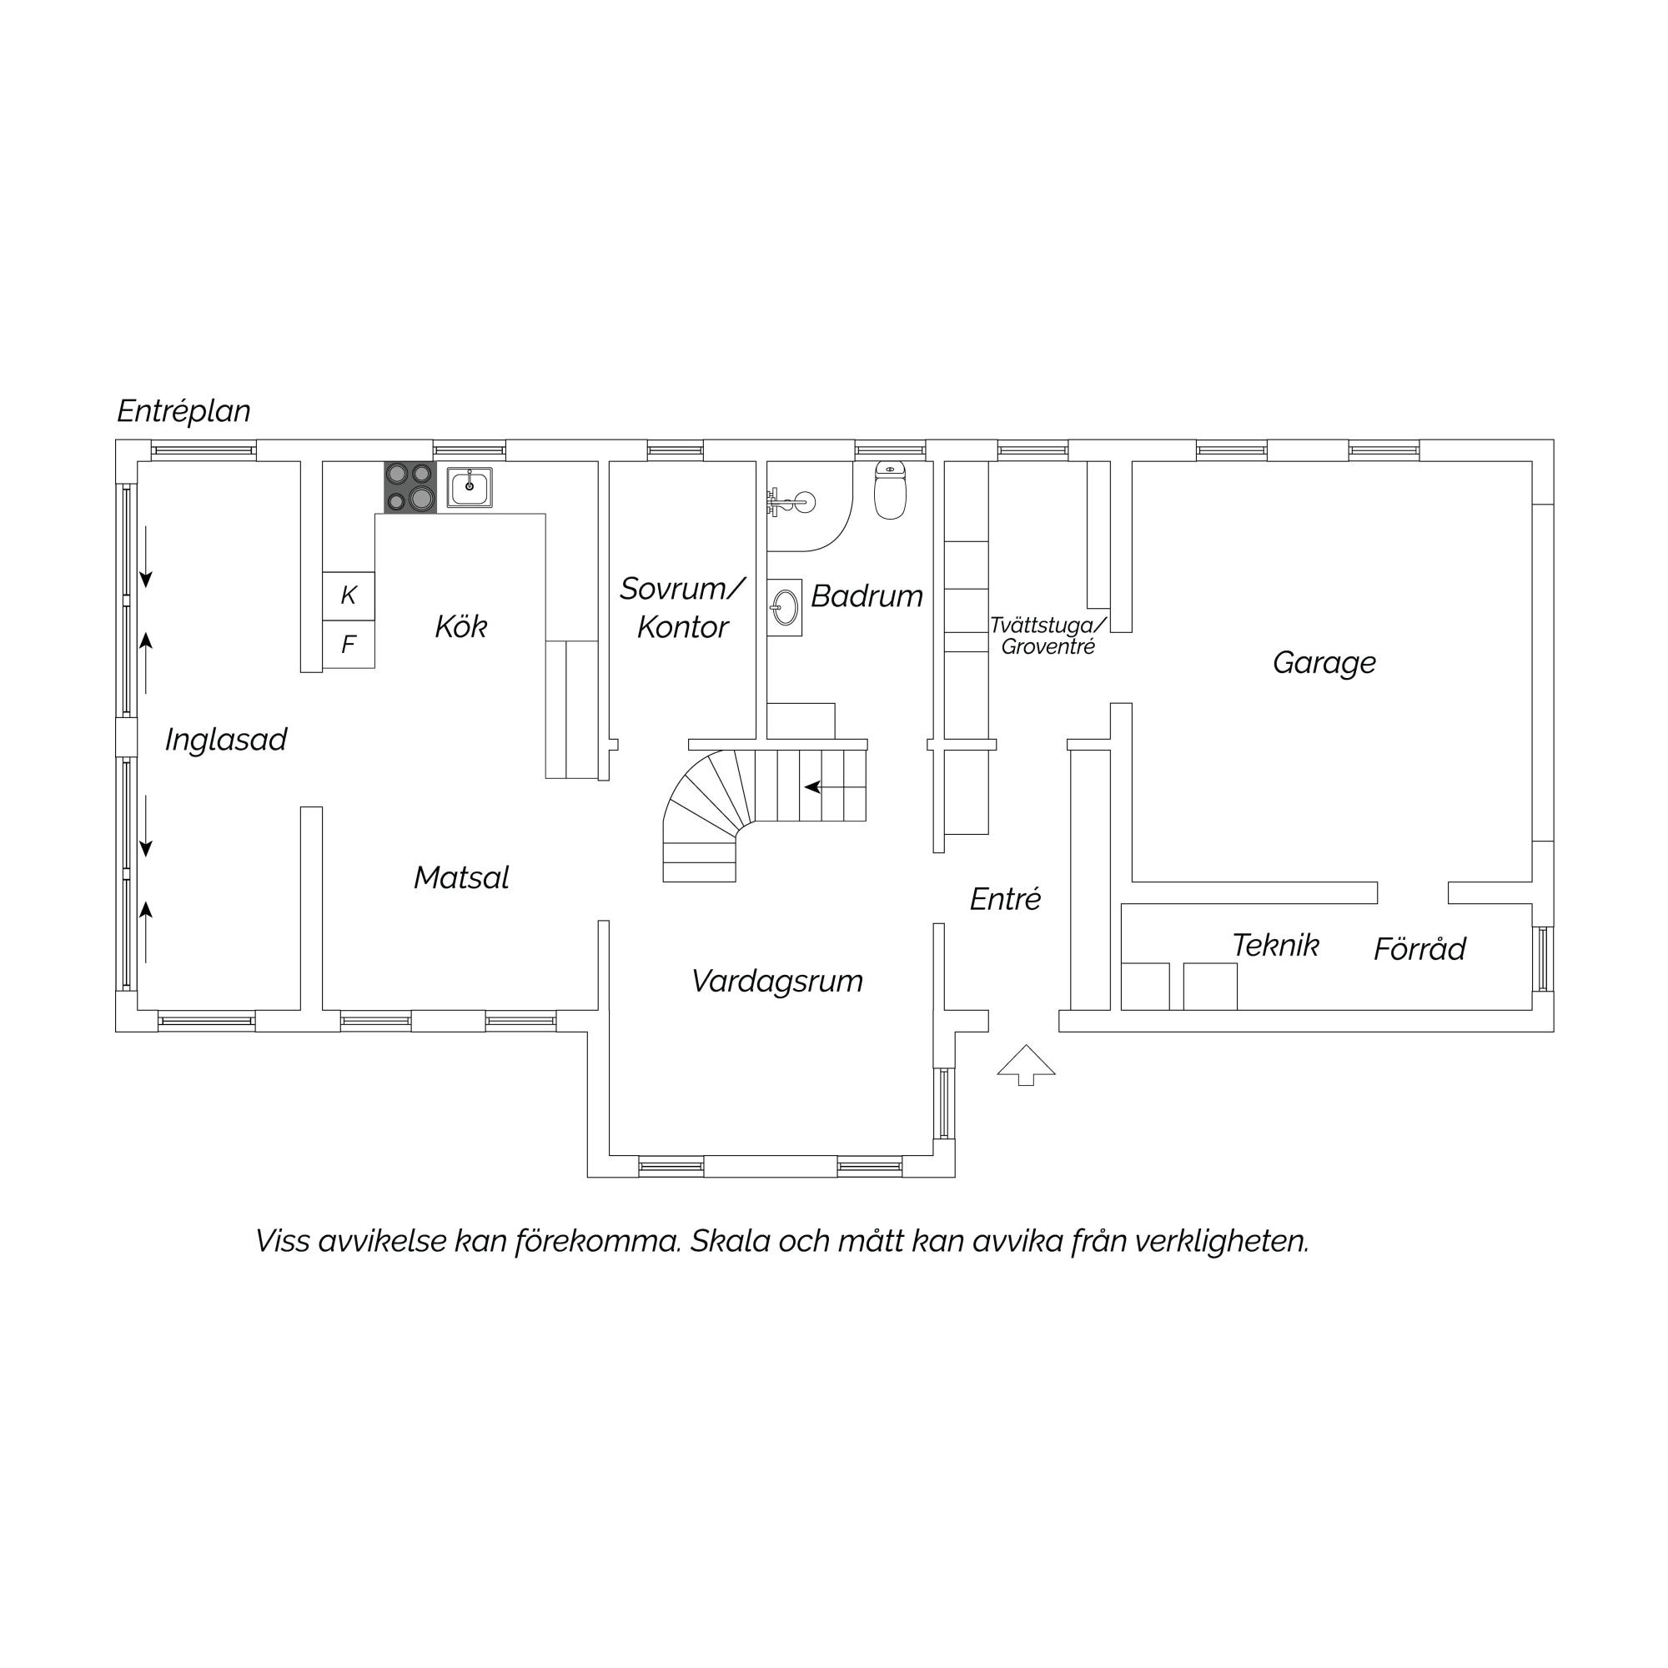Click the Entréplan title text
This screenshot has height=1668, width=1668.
pos(183,411)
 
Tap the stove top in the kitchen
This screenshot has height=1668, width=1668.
pos(410,487)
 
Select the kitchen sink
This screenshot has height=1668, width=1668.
pos(470,487)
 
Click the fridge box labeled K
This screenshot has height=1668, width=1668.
pos(349,595)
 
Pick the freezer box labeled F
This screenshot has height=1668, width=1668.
pos(349,644)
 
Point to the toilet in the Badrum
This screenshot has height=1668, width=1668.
pos(890,490)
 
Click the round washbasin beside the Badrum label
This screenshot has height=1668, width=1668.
pos(785,607)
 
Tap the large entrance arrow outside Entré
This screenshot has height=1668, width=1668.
pos(1026,1064)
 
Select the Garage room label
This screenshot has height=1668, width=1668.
pos(1324,663)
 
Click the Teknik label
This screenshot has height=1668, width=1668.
pos(1275,946)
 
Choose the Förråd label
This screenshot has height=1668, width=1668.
pos(1419,949)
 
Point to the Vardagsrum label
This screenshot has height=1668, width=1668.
pos(777,982)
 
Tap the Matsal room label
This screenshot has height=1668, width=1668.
pos(461,878)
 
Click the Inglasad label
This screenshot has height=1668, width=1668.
pos(225,740)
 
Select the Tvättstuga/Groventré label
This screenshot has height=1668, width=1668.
pos(1048,636)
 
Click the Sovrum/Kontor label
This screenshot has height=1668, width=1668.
pos(682,608)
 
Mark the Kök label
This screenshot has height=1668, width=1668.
pos(461,627)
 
